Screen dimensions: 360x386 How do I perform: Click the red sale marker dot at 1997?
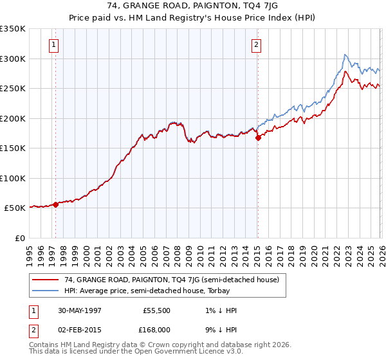[56, 204]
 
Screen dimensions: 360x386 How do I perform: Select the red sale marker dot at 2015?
[258, 137]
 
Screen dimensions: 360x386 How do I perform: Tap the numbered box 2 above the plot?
[256, 44]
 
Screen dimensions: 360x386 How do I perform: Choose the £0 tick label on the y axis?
[19, 238]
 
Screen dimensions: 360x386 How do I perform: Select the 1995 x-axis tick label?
[30, 251]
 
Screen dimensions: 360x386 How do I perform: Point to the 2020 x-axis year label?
[313, 251]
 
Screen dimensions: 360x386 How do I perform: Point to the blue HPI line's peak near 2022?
[345, 55]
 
